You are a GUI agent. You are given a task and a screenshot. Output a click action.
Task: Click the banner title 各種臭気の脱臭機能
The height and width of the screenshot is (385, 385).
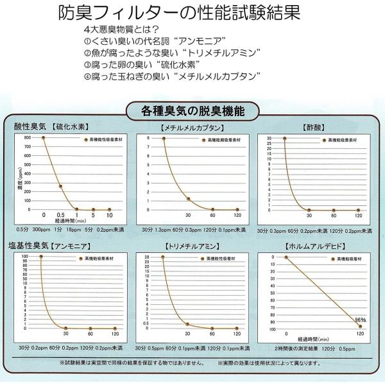click(192, 111)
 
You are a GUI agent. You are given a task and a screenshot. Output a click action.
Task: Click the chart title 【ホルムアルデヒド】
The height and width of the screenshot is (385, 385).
click(314, 246)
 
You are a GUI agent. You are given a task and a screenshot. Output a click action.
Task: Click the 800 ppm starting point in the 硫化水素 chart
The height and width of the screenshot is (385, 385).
click(44, 138)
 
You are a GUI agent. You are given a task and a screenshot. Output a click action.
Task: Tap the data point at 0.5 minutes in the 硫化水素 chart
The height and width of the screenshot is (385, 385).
click(60, 186)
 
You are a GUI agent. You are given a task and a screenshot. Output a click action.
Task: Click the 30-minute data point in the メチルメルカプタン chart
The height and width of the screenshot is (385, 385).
click(188, 199)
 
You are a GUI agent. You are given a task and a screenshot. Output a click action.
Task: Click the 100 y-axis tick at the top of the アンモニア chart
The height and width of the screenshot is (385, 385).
click(26, 257)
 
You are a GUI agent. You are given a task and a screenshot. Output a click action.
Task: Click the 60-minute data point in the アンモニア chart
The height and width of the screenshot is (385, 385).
click(90, 328)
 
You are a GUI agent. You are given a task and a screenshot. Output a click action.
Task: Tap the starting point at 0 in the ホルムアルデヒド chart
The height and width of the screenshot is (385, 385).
click(286, 257)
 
